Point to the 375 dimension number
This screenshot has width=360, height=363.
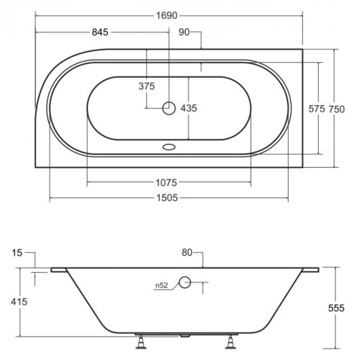(147, 86)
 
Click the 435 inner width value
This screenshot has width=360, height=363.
(188, 107)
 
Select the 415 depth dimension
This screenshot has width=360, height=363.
(19, 302)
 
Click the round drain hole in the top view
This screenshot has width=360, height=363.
(168, 108)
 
